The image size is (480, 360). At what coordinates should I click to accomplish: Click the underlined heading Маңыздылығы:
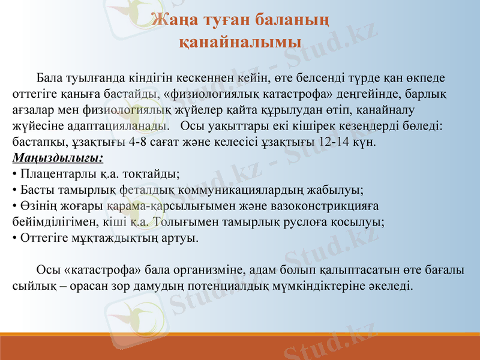pos(58,159)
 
